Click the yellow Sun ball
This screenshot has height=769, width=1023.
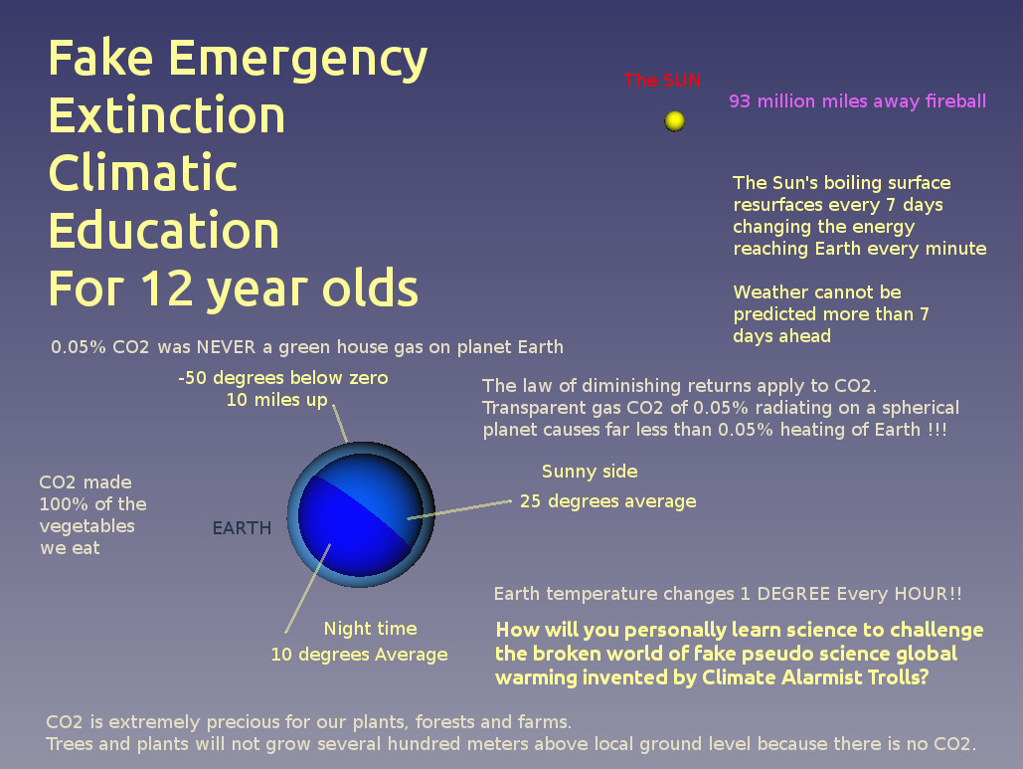[675, 120]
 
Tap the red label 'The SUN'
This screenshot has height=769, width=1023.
[661, 81]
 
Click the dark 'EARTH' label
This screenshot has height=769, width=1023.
[242, 527]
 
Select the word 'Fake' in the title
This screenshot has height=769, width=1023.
[101, 58]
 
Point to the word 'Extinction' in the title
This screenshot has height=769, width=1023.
[167, 114]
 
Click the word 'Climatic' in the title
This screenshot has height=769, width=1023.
[143, 172]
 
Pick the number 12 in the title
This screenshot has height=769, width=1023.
[166, 288]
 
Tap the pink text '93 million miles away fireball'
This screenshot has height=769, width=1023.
[857, 101]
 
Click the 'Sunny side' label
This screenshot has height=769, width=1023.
[590, 472]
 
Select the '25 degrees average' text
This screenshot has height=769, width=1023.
[608, 501]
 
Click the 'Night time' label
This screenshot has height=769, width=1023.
[371, 628]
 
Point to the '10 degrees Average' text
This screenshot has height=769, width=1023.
[360, 655]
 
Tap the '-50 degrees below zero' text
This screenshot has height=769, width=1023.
[283, 377]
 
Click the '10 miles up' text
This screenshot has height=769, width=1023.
[276, 400]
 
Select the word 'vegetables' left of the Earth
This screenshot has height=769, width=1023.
[86, 526]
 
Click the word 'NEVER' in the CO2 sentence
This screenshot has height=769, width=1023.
[226, 346]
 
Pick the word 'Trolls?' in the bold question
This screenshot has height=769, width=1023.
[896, 676]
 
